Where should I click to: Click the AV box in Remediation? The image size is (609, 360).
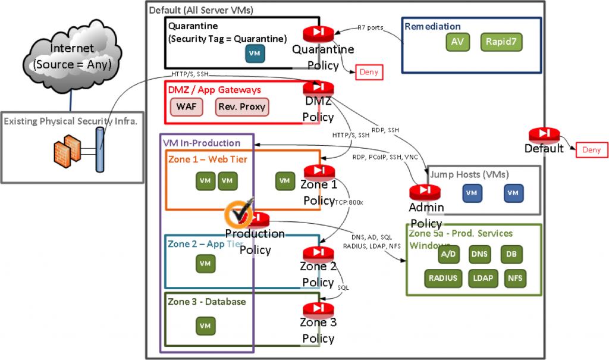[x=457, y=42]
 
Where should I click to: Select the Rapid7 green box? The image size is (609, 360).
[x=501, y=42]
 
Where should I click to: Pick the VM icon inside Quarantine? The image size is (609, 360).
[x=255, y=53]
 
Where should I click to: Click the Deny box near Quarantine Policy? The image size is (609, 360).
[x=368, y=72]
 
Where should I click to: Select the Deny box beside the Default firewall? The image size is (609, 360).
[x=591, y=150]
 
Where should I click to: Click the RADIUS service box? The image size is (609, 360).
[x=442, y=278]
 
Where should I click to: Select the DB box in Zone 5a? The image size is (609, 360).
[x=511, y=254]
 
